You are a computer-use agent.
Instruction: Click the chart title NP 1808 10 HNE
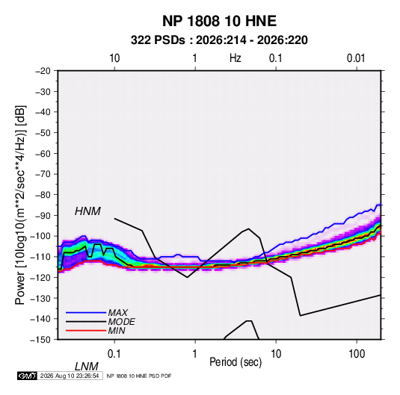219,21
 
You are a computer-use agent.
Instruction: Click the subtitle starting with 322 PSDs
219,40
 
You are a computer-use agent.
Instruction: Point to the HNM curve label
87,211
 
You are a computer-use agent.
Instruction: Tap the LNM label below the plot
86,367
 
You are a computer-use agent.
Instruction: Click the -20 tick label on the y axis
43,71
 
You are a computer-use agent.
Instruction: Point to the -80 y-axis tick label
43,195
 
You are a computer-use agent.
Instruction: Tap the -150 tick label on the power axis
40,340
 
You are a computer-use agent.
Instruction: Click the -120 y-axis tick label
40,277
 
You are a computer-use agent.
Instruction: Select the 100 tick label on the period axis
357,354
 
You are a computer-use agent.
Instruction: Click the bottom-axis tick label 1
195,354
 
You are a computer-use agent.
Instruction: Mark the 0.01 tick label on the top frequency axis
356,58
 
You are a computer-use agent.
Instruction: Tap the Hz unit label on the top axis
236,58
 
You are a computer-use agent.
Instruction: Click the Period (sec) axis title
236,362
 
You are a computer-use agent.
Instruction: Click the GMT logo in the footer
28,376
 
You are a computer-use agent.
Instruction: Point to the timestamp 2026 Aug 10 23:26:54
70,376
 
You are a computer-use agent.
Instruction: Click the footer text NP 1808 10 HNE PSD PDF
139,376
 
